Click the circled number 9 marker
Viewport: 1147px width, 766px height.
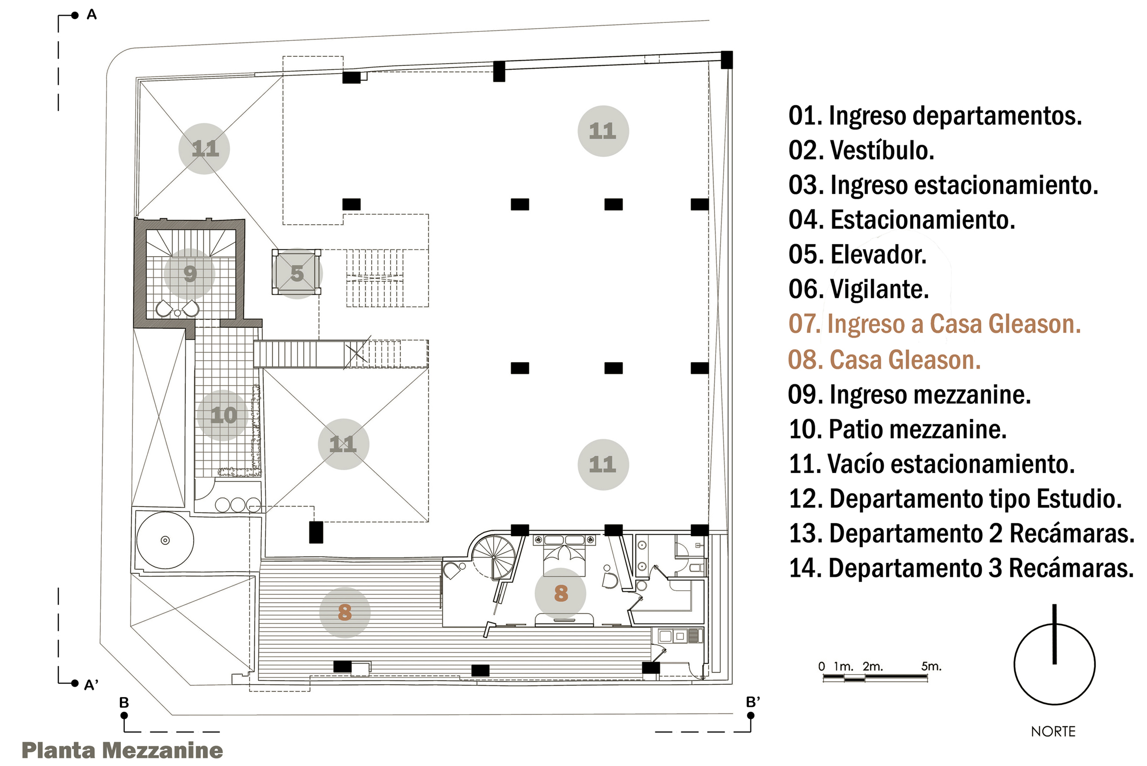click(x=189, y=273)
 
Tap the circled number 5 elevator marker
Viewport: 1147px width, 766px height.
click(x=296, y=273)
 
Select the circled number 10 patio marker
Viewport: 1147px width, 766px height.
click(x=223, y=415)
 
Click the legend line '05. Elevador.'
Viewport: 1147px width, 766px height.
click(x=857, y=255)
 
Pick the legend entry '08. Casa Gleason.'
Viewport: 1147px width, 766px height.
click(x=884, y=360)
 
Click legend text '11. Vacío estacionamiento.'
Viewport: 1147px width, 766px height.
click(x=931, y=464)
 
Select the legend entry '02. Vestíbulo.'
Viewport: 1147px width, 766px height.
click(x=861, y=151)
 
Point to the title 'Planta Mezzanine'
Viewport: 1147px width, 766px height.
click(x=122, y=750)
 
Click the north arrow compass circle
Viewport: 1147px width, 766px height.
click(x=1054, y=664)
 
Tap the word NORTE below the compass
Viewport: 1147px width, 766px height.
click(x=1053, y=731)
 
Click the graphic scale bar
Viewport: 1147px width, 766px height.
click(x=875, y=678)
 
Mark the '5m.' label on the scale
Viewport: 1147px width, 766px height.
click(x=931, y=666)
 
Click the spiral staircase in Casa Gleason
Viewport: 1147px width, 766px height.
click(x=494, y=557)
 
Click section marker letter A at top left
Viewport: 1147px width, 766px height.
click(x=92, y=15)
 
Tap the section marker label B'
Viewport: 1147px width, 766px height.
click(x=753, y=702)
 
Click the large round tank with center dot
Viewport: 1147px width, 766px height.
click(x=165, y=540)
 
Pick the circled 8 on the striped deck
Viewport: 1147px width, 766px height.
click(x=345, y=612)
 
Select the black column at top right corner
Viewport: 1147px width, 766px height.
click(x=726, y=60)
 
